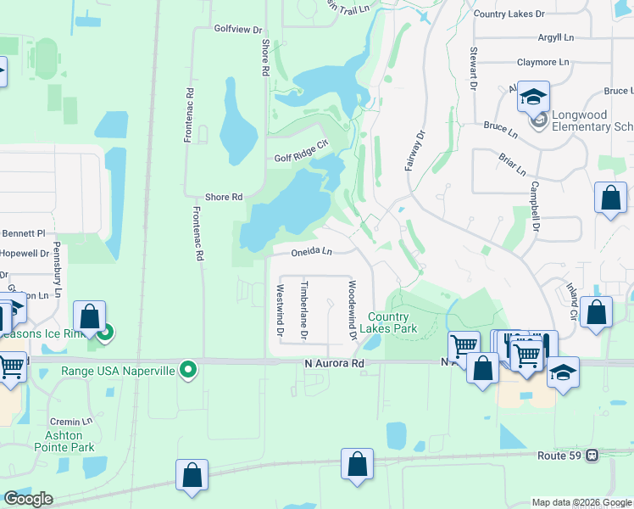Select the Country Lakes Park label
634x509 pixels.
pyautogui.click(x=388, y=322)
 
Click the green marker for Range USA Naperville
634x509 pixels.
pyautogui.click(x=190, y=370)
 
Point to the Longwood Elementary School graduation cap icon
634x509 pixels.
pyautogui.click(x=534, y=98)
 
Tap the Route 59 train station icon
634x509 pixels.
pyautogui.click(x=592, y=456)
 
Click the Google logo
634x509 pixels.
pyautogui.click(x=28, y=498)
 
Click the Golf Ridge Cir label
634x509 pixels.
pyautogui.click(x=300, y=158)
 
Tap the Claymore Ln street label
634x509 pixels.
pyautogui.click(x=542, y=62)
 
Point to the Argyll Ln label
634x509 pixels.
pyautogui.click(x=555, y=37)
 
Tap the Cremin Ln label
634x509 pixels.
pyautogui.click(x=70, y=421)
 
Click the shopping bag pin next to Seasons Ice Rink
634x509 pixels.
pyautogui.click(x=89, y=318)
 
